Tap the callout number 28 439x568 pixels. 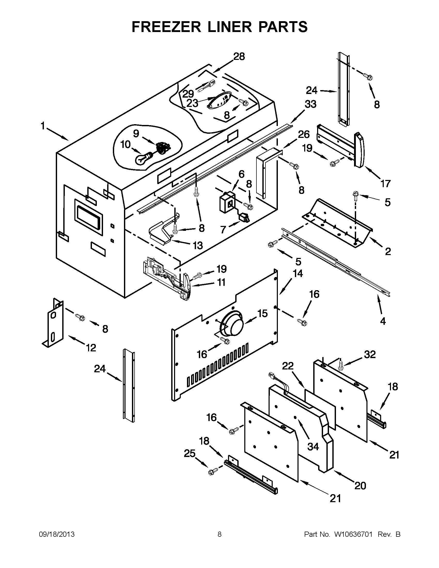(239, 57)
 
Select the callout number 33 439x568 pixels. (310, 104)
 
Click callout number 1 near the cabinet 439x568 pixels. (43, 126)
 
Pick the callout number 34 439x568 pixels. (313, 447)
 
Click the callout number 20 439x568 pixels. (360, 485)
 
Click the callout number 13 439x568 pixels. (198, 245)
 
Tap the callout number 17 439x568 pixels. (386, 184)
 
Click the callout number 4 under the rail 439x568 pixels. (383, 321)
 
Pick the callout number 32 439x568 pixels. (370, 354)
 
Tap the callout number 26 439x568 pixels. (303, 135)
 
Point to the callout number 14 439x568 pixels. (298, 273)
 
